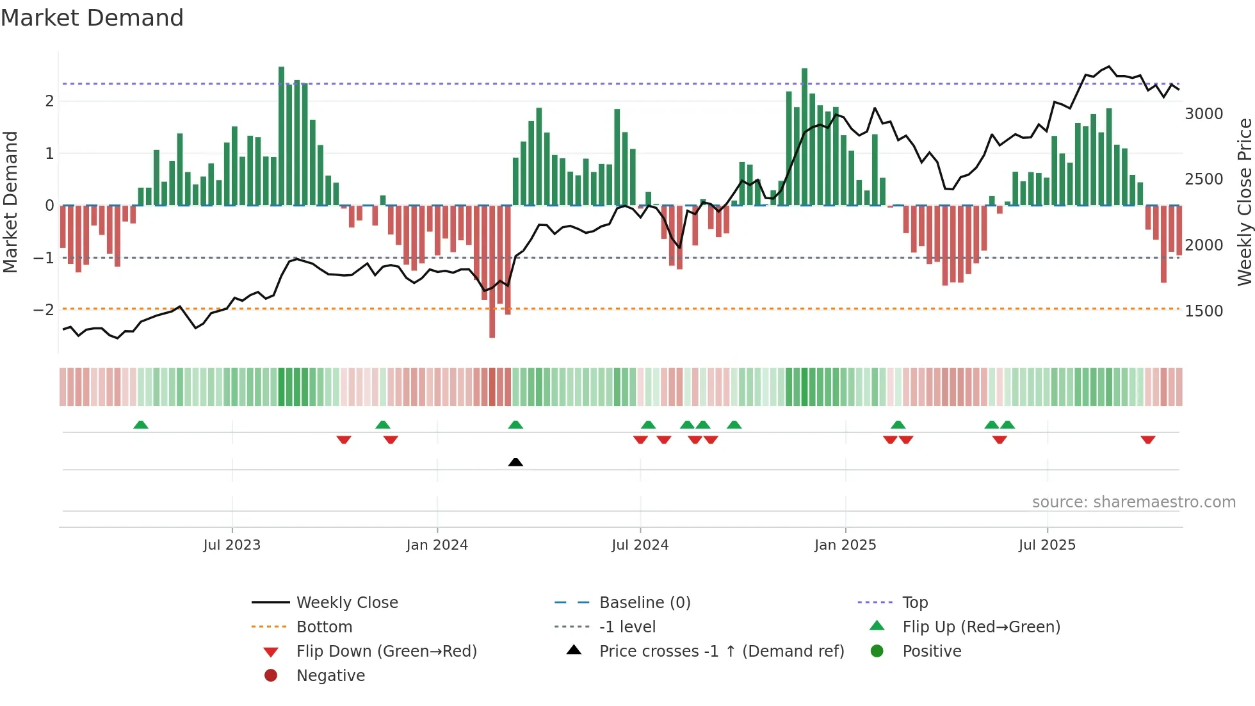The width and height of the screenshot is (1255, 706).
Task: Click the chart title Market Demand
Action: tap(92, 18)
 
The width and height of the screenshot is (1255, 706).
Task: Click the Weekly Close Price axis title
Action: tap(1244, 202)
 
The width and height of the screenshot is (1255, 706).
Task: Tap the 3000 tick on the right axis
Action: tap(1204, 114)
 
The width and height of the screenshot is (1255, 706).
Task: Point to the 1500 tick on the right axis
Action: tap(1204, 311)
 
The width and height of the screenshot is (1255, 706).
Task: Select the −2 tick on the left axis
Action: tap(44, 310)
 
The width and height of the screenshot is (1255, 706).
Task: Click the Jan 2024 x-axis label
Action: tap(437, 545)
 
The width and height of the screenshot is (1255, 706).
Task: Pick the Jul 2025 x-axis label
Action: tap(1047, 545)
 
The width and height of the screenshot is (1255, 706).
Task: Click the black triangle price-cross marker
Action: tap(515, 462)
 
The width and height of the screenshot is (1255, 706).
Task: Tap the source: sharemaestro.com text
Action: tap(1133, 502)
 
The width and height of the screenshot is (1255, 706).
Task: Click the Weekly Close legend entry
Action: tap(346, 603)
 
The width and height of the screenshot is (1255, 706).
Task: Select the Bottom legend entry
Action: tap(324, 627)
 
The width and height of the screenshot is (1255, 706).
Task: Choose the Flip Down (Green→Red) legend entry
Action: tap(386, 652)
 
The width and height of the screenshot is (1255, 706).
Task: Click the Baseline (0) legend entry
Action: tap(644, 603)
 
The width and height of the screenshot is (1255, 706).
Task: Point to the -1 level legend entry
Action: tap(627, 627)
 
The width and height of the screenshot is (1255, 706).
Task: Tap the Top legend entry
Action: tap(914, 603)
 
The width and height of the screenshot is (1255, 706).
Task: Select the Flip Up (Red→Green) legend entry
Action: tap(981, 627)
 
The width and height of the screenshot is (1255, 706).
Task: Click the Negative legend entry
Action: tap(330, 676)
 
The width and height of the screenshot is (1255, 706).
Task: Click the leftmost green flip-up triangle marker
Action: tap(141, 425)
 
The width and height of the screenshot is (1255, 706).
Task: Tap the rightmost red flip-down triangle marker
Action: tap(1147, 439)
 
